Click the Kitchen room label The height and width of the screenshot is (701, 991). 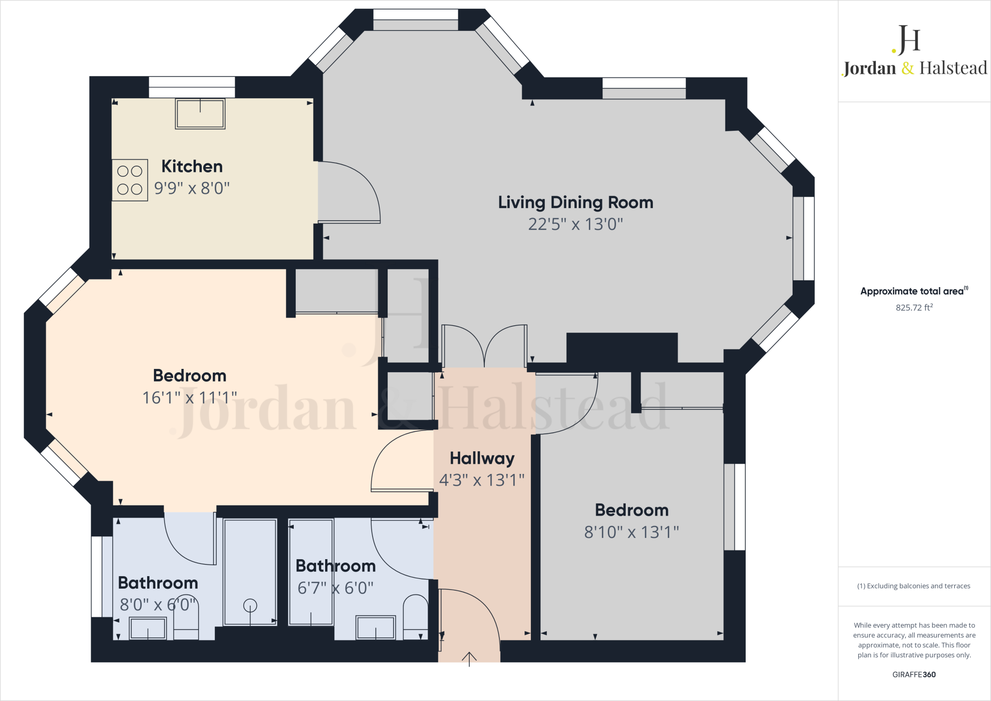(192, 167)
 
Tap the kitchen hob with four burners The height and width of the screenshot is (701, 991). (130, 180)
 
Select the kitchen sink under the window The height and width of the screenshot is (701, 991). (200, 114)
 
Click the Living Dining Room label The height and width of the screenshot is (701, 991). (576, 202)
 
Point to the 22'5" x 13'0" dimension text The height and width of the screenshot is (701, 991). (575, 224)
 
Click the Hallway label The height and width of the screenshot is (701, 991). (482, 458)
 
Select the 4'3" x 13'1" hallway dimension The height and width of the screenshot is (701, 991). (482, 480)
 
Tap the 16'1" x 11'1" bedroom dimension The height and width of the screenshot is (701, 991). (190, 398)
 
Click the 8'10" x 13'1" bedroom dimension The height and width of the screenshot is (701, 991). (631, 532)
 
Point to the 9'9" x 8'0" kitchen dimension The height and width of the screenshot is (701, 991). (192, 188)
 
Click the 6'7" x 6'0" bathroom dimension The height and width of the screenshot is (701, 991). (335, 588)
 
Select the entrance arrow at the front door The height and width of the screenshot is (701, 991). (469, 659)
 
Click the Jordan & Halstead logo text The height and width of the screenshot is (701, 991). (915, 68)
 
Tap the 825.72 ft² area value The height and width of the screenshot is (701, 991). (914, 307)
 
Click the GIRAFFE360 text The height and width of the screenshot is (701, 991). (914, 674)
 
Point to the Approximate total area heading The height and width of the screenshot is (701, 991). (914, 291)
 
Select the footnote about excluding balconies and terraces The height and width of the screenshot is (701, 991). (914, 586)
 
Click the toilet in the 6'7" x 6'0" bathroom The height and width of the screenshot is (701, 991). (416, 617)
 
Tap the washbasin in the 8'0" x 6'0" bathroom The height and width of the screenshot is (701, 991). (148, 628)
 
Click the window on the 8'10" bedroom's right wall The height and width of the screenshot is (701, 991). (735, 507)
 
